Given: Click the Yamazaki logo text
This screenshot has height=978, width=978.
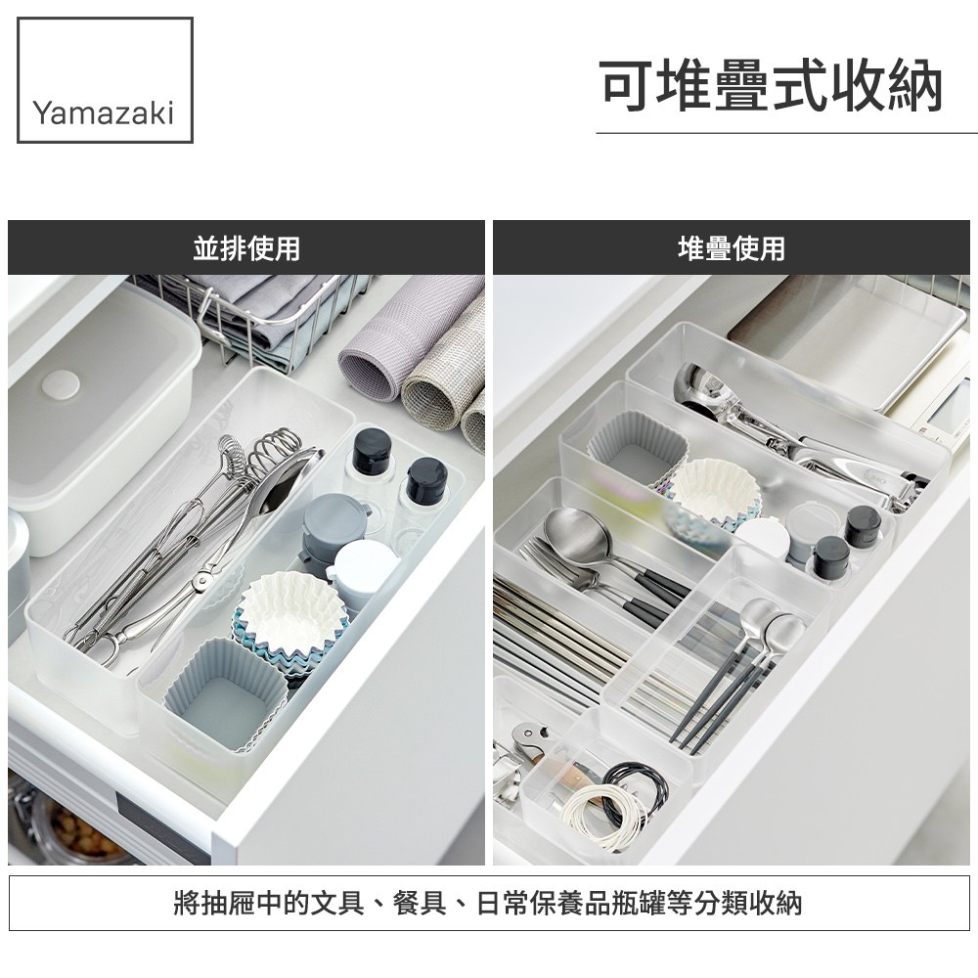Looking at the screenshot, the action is pyautogui.click(x=104, y=112).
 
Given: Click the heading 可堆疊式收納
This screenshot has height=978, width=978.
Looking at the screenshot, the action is pyautogui.click(x=771, y=85).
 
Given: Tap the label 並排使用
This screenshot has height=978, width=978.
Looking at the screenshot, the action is pyautogui.click(x=246, y=248).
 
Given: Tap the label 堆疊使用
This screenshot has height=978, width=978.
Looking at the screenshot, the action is pyautogui.click(x=731, y=248).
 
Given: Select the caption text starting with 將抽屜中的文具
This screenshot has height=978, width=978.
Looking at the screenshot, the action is pyautogui.click(x=488, y=903).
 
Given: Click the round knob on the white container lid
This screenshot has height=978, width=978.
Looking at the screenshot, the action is pyautogui.click(x=61, y=385).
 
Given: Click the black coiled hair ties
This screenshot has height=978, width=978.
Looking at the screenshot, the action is pyautogui.click(x=635, y=787).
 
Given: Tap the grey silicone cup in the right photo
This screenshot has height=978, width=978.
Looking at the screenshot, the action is pyautogui.click(x=637, y=445).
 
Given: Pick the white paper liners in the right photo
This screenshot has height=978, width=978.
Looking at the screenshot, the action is pyautogui.click(x=715, y=492).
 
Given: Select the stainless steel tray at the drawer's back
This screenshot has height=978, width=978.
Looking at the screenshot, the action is pyautogui.click(x=848, y=336).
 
